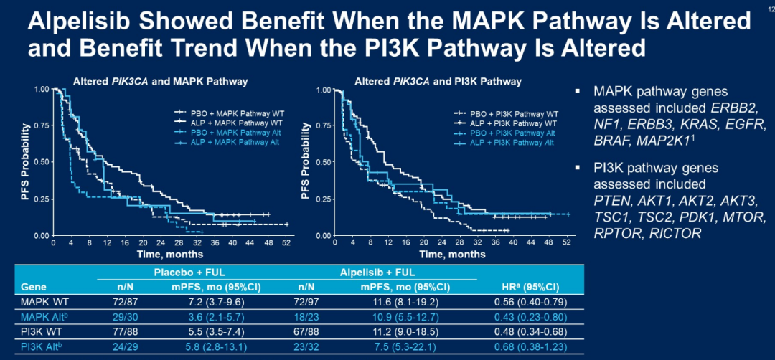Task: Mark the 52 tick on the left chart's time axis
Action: click(x=286, y=243)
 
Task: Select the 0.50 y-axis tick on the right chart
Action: click(x=323, y=162)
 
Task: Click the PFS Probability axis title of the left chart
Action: click(x=26, y=162)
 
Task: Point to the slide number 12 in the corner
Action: click(x=769, y=7)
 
